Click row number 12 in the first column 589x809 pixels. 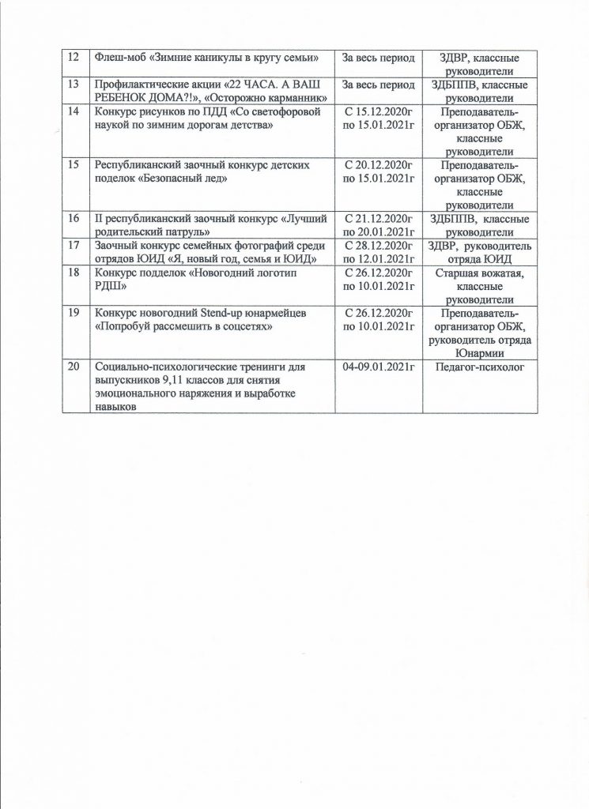pos(73,57)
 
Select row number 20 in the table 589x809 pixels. pos(73,367)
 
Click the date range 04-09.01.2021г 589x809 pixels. pos(379,367)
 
